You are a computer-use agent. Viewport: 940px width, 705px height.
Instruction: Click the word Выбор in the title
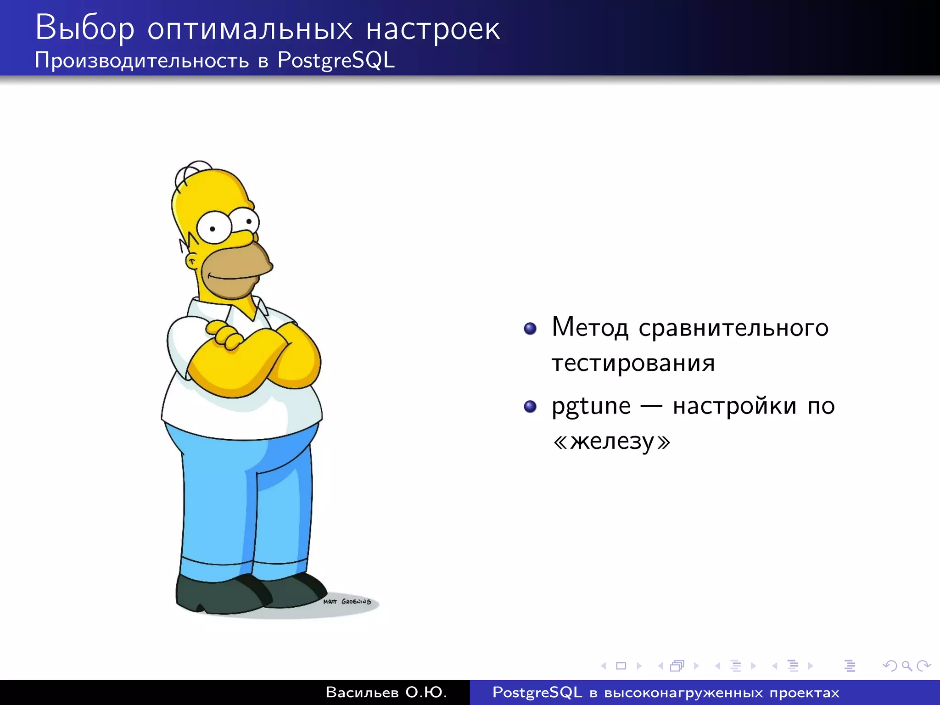85,28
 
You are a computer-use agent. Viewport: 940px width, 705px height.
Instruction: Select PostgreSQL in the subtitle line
336,60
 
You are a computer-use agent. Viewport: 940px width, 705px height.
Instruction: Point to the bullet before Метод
530,329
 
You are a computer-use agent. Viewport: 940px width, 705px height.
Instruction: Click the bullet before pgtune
530,407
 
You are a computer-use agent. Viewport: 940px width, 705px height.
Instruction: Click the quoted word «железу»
612,442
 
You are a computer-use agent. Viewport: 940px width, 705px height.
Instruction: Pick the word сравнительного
733,328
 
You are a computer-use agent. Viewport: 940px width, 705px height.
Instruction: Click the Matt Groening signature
347,601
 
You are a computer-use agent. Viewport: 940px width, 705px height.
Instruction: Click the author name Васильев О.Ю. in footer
386,692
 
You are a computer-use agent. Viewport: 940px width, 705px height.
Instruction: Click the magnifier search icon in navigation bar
906,666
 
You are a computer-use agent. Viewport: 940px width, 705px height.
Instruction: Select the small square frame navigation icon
621,666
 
